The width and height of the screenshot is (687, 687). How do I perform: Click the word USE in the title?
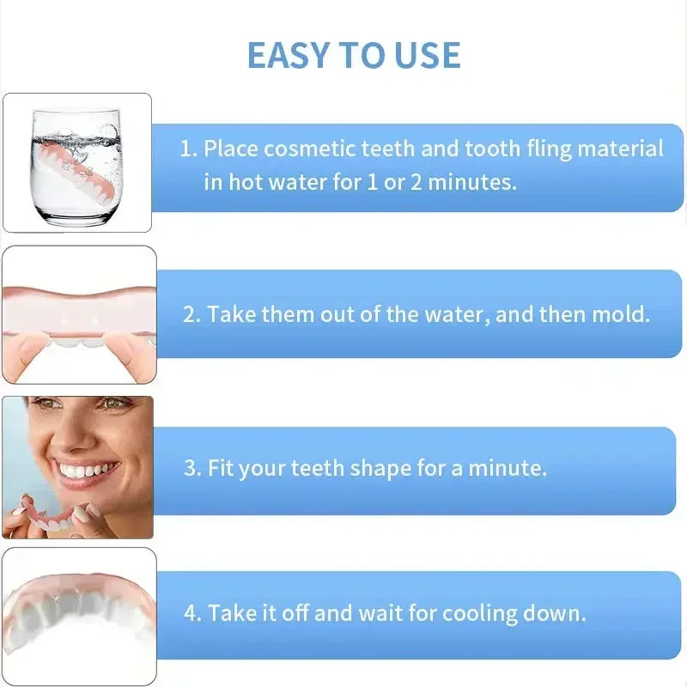429,55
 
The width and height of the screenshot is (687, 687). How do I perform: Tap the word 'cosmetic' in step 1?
309,149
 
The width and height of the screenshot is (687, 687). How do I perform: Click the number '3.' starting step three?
192,469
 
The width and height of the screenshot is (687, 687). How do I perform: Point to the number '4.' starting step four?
192,614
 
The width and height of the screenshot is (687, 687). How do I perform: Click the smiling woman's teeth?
87,471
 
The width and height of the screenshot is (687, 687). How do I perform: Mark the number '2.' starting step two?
192,313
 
